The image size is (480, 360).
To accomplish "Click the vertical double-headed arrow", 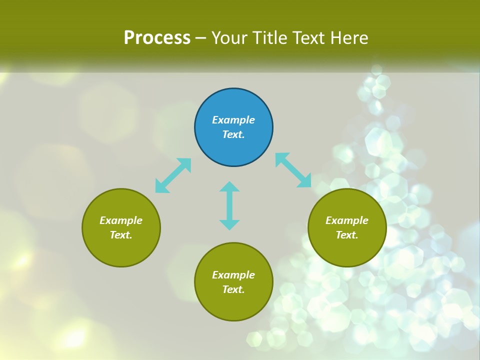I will click(229, 205).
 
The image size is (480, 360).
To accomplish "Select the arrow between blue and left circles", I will click(173, 175).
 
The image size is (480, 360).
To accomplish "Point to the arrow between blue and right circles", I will click(293, 170).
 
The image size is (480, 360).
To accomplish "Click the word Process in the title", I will click(157, 38).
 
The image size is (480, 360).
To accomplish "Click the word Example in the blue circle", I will click(233, 120).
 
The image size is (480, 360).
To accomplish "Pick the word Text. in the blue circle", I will click(233, 134).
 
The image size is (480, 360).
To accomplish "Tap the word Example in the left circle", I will click(121, 220).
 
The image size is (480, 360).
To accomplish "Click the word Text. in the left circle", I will click(121, 235).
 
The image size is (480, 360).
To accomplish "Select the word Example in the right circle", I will click(347, 220).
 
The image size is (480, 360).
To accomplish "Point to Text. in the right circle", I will click(347, 235).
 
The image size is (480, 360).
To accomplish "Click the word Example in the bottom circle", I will click(233, 275).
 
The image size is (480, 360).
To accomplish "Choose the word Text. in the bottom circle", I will click(233, 289).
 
